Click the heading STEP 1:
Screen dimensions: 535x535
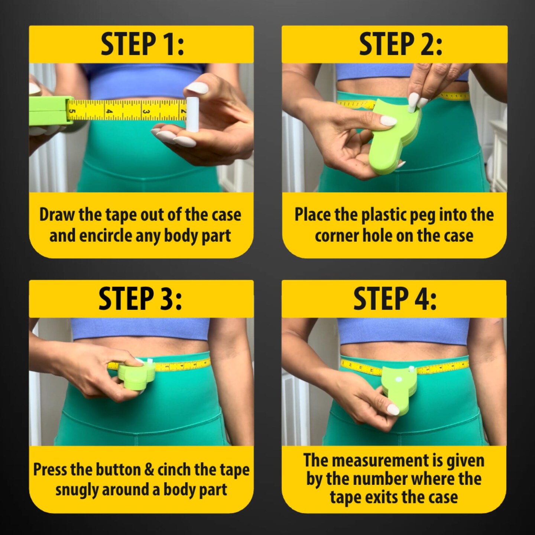click(x=142, y=44)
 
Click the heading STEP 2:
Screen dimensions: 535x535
click(x=401, y=44)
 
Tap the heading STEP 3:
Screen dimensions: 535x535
click(x=140, y=299)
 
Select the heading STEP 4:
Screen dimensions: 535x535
click(x=395, y=299)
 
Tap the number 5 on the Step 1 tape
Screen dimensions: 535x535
click(x=72, y=111)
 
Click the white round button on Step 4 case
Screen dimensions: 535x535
click(x=398, y=380)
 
